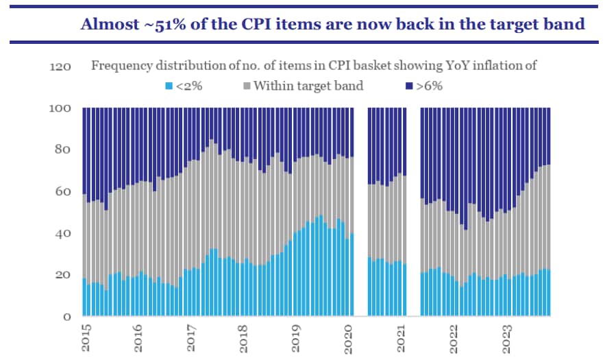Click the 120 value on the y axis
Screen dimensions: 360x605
[x=61, y=67]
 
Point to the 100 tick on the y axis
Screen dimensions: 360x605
[x=61, y=108]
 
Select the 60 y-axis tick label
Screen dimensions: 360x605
[x=64, y=192]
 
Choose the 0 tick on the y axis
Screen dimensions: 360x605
[x=67, y=317]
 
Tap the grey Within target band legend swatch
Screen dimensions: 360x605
[x=247, y=86]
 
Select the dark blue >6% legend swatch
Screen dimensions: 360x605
[x=409, y=86]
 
